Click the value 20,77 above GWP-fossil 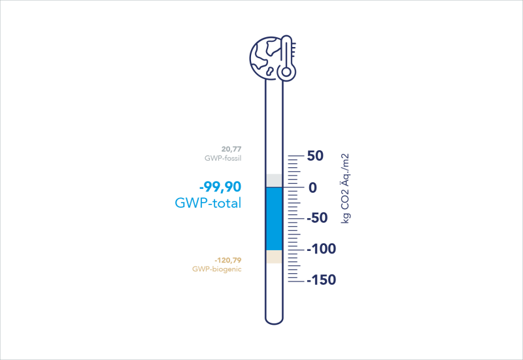(x=231, y=149)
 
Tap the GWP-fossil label (x=223, y=158)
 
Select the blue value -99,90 (x=220, y=187)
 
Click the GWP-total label (x=208, y=203)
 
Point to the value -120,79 (x=228, y=260)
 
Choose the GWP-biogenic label (x=217, y=269)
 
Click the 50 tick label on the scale (x=315, y=155)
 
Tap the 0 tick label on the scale (x=312, y=188)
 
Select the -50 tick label (x=317, y=218)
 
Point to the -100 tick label (x=321, y=249)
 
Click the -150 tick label (x=321, y=280)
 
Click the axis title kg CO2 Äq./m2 (x=345, y=188)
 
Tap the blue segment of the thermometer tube (x=274, y=219)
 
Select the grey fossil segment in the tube (x=274, y=180)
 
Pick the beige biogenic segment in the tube (x=274, y=257)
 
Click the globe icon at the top (x=266, y=58)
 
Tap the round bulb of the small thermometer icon (x=286, y=72)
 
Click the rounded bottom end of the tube (x=274, y=321)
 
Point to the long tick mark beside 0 (x=296, y=188)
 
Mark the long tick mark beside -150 (x=296, y=282)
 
